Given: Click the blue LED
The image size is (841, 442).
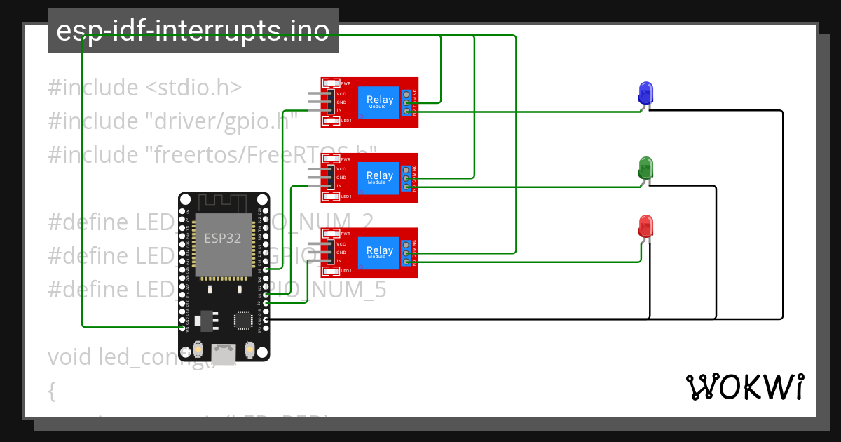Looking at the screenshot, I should pyautogui.click(x=645, y=93).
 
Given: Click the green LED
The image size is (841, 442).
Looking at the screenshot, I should pyautogui.click(x=645, y=167).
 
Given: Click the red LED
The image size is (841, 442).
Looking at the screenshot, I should pyautogui.click(x=645, y=227).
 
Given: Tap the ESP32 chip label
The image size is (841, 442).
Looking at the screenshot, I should pyautogui.click(x=223, y=237).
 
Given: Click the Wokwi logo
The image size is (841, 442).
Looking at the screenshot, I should pyautogui.click(x=744, y=387).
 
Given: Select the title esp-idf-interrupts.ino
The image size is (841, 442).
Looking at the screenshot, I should pyautogui.click(x=193, y=31).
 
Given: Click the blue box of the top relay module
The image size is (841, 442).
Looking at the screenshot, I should pyautogui.click(x=379, y=102).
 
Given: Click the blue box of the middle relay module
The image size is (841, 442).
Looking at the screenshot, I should pyautogui.click(x=379, y=178).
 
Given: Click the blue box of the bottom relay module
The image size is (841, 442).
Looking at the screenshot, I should pyautogui.click(x=379, y=253).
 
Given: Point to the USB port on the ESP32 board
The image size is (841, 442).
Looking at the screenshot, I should pyautogui.click(x=224, y=355).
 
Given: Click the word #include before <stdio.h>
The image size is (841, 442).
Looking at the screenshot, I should pyautogui.click(x=93, y=88).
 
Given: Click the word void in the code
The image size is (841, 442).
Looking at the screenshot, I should pyautogui.click(x=70, y=356).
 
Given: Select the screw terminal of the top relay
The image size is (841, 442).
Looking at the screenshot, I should pyautogui.click(x=407, y=102).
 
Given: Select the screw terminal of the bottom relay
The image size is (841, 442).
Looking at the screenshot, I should pyautogui.click(x=407, y=253).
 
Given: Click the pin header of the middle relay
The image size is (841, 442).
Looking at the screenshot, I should pyautogui.click(x=329, y=178).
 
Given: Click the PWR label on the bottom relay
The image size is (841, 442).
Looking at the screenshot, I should pyautogui.click(x=345, y=234).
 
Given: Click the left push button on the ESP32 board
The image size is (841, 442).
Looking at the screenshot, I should pyautogui.click(x=199, y=349).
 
